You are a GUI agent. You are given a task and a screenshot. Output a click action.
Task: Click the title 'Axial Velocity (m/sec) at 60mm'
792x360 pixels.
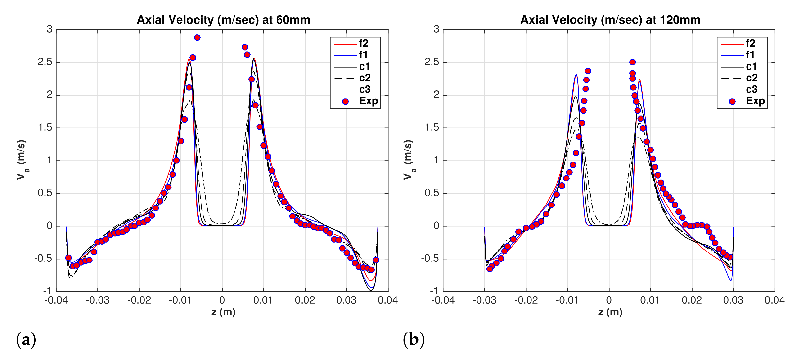coord(224,20)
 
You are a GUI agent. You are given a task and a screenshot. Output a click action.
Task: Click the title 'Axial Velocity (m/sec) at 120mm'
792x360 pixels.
coord(610,20)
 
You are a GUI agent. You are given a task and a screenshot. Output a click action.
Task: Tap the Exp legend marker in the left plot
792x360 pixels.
coord(345,101)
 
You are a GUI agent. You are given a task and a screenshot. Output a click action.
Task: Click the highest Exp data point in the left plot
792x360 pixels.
coord(197,37)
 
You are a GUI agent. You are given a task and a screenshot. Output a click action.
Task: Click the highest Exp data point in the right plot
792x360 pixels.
coord(632,62)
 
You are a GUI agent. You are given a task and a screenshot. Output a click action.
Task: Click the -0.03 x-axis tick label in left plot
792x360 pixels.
coord(98,300)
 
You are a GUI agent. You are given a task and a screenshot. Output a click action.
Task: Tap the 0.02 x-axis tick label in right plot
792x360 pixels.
coord(692,300)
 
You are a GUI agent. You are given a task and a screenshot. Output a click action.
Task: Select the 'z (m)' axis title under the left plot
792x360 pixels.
coord(224,312)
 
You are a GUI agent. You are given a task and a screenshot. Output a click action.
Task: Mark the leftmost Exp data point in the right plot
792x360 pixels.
coord(489,269)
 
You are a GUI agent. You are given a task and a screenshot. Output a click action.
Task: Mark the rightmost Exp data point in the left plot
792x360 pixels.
coord(376,260)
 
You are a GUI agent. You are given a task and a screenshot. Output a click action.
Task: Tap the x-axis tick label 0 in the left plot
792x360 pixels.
coord(222,300)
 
